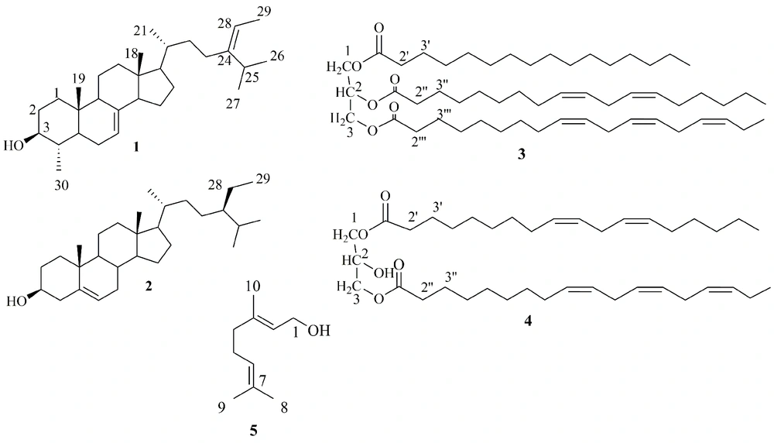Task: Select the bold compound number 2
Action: coord(149,286)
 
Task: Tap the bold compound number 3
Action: coord(521,155)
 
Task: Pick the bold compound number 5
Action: coord(253,431)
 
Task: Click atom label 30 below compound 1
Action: coord(61,185)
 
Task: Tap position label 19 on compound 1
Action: coord(78,78)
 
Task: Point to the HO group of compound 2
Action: coord(16,300)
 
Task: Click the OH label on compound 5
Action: coord(319,331)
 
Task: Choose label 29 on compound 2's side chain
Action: coord(262,178)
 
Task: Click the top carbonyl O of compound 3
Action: coord(378,26)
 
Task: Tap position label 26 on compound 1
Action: coord(277,56)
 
